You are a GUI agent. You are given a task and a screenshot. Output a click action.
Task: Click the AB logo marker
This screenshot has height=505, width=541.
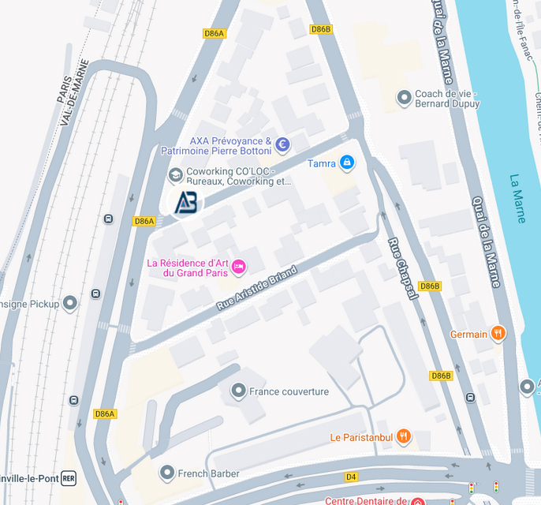[x=186, y=202]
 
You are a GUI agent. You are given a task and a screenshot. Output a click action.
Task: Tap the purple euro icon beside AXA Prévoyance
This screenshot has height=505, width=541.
[x=282, y=144]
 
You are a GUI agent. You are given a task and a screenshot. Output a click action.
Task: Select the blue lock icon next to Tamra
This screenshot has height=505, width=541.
[x=347, y=163]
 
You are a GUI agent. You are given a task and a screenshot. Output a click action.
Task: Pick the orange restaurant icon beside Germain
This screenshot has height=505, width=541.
[x=498, y=334]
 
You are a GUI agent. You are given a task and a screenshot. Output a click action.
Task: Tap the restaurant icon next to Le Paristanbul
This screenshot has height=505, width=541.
[x=404, y=436]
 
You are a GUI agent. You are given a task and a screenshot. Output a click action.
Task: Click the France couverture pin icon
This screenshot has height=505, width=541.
[x=237, y=391]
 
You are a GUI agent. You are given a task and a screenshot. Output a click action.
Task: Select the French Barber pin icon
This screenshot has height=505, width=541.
[x=166, y=473]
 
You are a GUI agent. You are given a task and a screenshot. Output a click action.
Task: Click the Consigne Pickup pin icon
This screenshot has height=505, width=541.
[x=70, y=302]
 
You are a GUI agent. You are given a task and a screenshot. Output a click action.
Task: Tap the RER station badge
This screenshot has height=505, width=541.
[x=69, y=478]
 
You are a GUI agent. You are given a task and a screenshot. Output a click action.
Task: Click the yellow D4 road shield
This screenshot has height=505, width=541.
[x=351, y=477]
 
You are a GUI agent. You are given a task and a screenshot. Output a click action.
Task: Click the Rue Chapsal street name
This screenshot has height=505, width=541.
[x=402, y=268]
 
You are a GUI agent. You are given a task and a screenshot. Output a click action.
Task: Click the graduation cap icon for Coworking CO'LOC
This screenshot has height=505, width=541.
[x=175, y=174]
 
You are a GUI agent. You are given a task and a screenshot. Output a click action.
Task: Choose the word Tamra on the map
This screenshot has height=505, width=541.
[x=321, y=163]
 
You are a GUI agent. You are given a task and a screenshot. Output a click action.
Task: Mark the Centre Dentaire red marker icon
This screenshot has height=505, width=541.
[x=416, y=501]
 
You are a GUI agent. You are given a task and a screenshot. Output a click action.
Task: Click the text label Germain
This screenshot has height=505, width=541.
[x=468, y=335]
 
